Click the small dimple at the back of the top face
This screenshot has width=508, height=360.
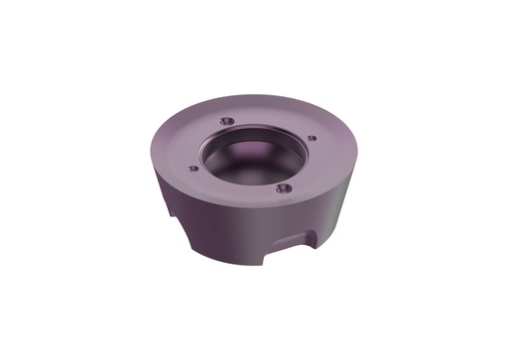click(226, 119)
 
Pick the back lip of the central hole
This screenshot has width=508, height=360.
click(253, 125)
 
